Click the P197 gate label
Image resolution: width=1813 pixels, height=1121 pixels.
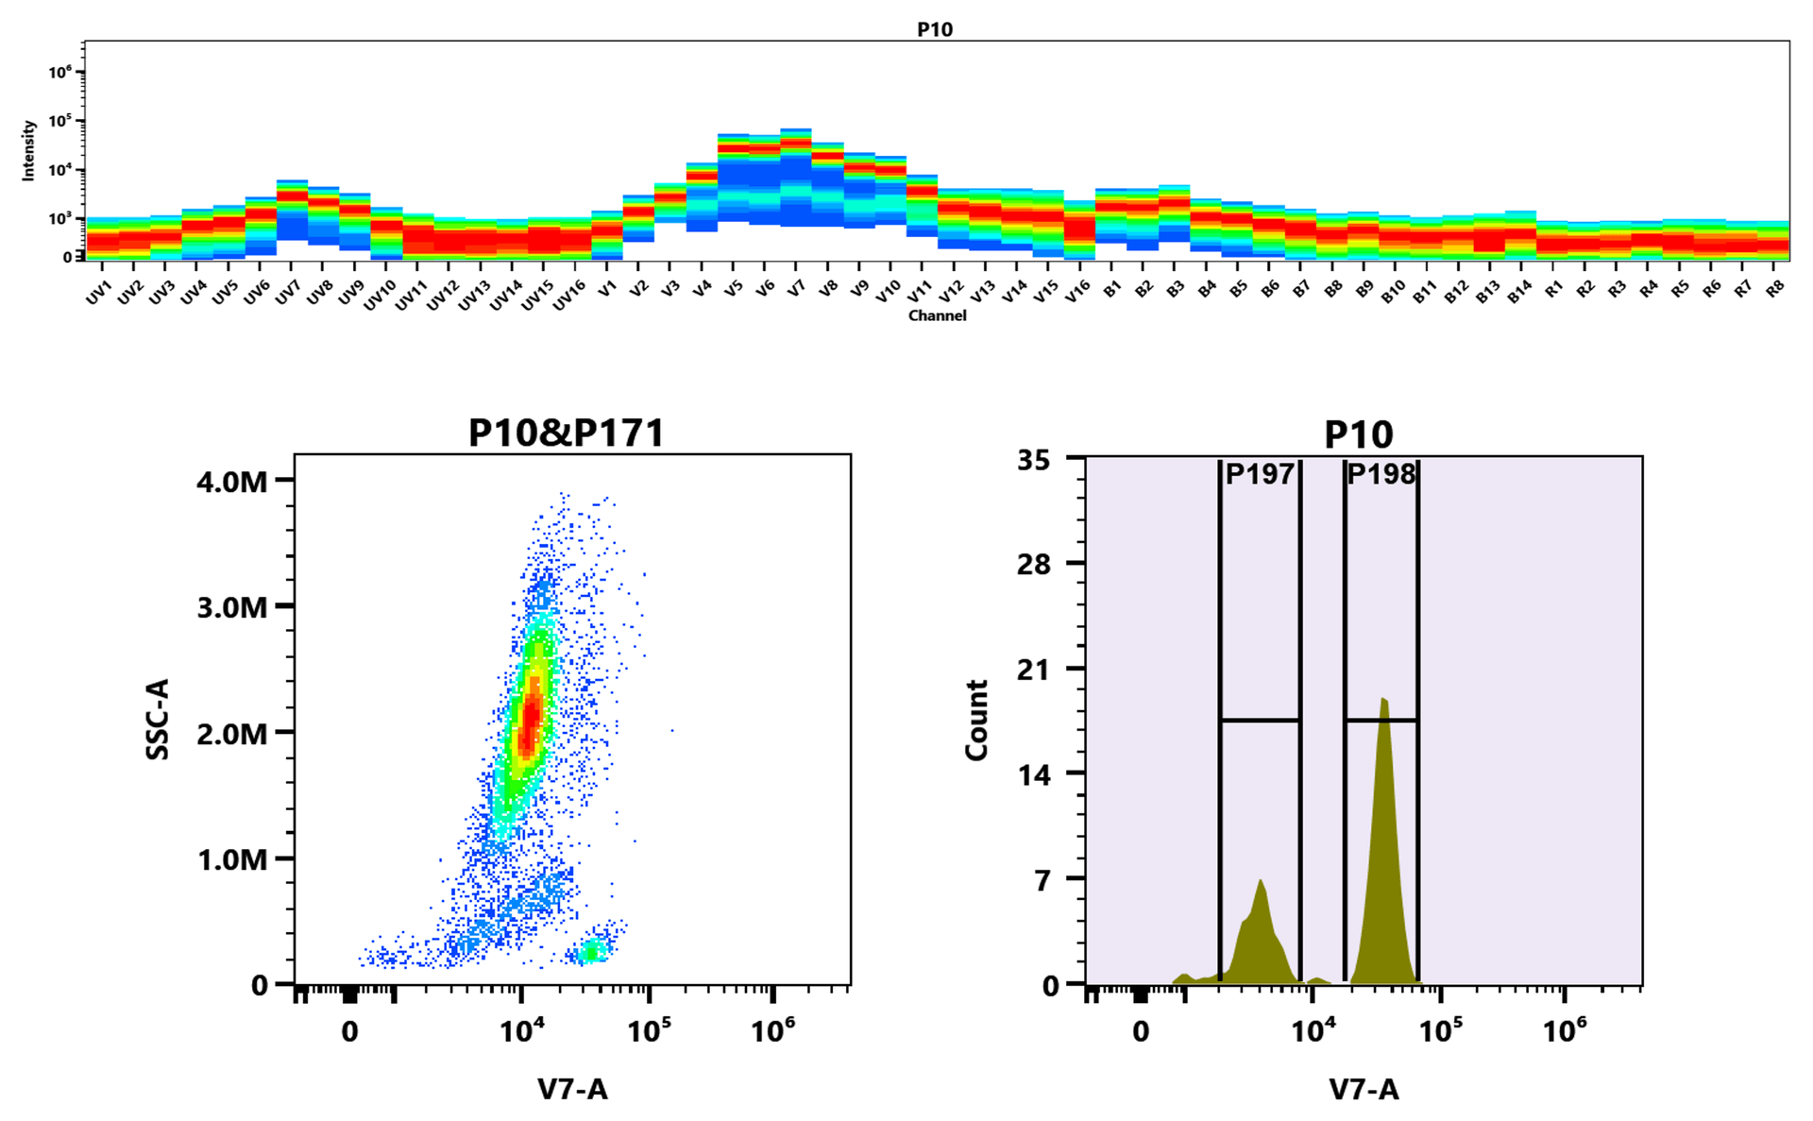[1259, 474]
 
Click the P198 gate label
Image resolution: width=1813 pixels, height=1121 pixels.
[1381, 474]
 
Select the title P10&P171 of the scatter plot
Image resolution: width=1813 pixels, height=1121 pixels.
[567, 433]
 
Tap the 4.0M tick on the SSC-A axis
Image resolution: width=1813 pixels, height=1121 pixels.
[232, 482]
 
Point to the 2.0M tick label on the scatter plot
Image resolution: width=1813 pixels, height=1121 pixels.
[232, 733]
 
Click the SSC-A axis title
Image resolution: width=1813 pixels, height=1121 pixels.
[158, 719]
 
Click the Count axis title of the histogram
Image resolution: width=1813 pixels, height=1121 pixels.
[976, 720]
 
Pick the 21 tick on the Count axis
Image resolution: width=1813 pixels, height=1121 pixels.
[1033, 670]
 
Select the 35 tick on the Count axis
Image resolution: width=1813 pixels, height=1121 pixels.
[1033, 461]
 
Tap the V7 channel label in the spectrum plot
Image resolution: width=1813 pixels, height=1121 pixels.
[796, 289]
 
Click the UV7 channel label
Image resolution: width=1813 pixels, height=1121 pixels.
[287, 293]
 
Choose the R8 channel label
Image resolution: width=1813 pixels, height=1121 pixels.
[1775, 289]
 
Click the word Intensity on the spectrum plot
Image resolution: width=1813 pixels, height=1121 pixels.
[29, 150]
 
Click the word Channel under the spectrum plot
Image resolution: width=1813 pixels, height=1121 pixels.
[937, 315]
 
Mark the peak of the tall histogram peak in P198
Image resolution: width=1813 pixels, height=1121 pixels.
[1383, 700]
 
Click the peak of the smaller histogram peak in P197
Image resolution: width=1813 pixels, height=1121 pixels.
[1261, 882]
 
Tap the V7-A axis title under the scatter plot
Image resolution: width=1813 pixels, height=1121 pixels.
[572, 1090]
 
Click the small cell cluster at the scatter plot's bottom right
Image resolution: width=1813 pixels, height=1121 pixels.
[592, 951]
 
